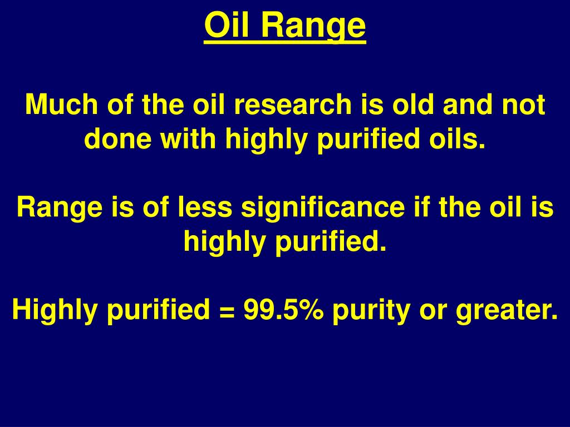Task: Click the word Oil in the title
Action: coord(226,26)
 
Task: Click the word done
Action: coord(118,140)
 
